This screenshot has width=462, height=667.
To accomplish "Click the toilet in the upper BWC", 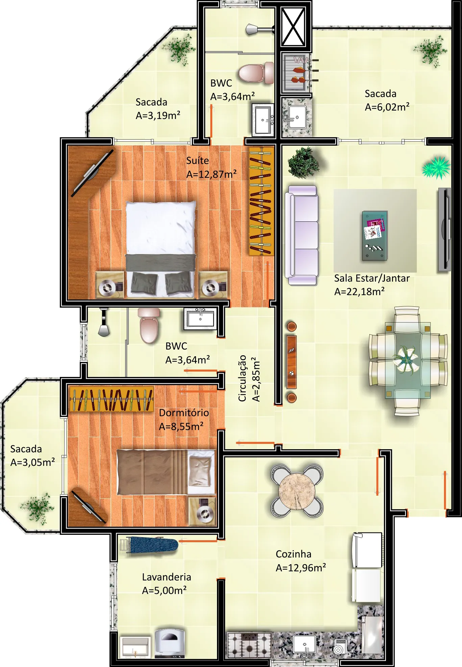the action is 256,73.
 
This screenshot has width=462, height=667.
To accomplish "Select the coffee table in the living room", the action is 374,235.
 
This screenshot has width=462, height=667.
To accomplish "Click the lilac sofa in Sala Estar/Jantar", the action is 301,235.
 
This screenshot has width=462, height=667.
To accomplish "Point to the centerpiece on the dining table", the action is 408,360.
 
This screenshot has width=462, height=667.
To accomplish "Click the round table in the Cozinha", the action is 297,491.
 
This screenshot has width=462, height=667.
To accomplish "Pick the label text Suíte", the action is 197,161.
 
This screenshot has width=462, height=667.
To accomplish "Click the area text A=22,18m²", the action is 359,291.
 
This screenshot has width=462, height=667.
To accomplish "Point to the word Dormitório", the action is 184,413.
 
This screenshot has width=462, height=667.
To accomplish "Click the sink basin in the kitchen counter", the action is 305,644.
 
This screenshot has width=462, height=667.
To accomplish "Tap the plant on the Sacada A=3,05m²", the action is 39,508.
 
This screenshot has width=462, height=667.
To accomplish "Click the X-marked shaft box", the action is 293,27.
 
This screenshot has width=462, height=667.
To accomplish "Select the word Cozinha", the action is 293,554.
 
